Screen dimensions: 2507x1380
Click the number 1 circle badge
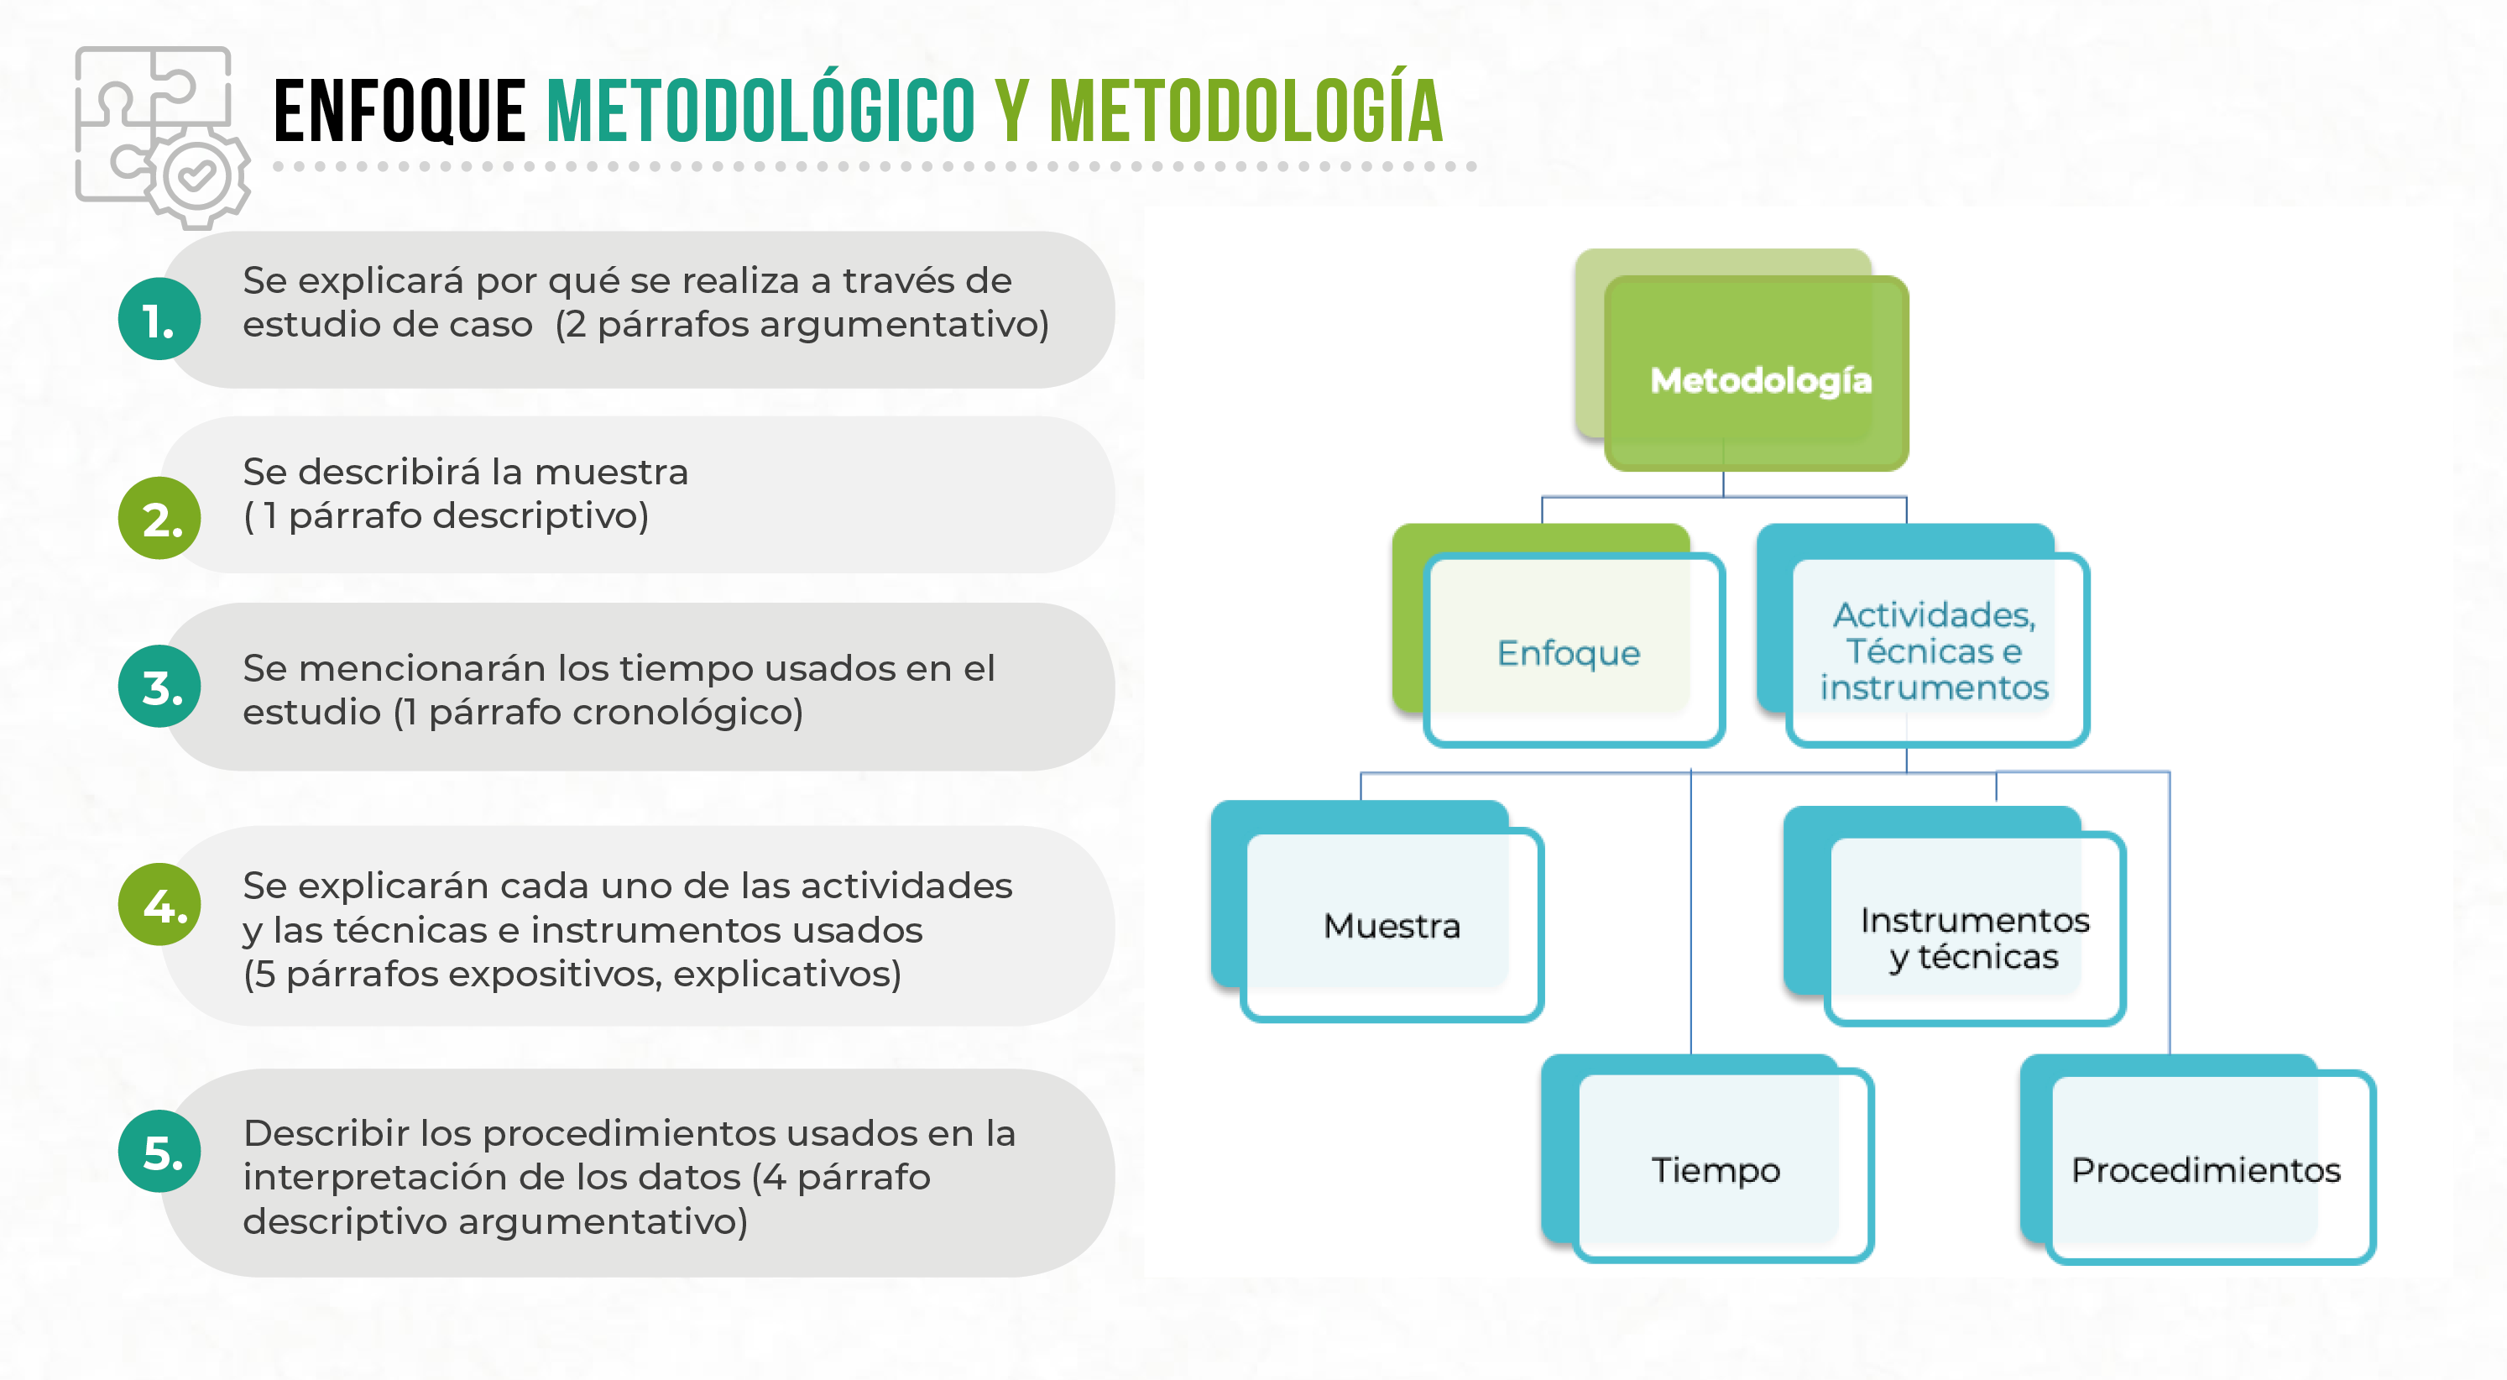159,319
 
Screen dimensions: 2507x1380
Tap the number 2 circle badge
159,518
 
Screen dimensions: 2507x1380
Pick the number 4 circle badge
159,905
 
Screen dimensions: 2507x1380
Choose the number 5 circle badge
159,1153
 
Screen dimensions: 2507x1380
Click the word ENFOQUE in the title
400,112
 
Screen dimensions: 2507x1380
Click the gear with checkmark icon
196,177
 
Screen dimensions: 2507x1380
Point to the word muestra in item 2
611,472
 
